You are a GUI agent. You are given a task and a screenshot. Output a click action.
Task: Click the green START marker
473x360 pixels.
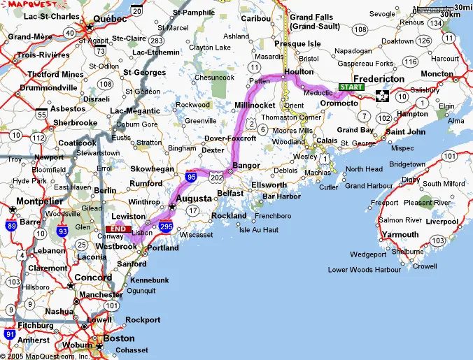point(351,87)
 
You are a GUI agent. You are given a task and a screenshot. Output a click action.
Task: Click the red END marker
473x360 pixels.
point(118,229)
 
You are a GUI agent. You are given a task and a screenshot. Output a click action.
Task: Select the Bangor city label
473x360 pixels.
point(246,166)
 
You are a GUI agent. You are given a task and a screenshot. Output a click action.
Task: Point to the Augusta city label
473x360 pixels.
point(192,199)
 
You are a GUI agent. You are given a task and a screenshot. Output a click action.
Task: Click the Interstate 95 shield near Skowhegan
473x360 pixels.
point(191,178)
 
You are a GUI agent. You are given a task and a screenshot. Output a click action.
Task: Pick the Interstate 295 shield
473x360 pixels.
point(166,227)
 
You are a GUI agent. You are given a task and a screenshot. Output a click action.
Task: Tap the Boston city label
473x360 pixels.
point(118,338)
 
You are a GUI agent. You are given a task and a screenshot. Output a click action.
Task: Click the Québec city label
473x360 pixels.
point(109,19)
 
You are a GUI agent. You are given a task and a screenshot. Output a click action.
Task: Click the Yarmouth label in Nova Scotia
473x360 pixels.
point(400,234)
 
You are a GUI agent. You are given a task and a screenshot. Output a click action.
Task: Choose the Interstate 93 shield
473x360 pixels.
point(64,227)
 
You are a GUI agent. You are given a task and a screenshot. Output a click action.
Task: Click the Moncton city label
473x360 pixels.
point(437,74)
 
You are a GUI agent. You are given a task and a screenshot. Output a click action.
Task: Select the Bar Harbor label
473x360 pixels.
point(281,196)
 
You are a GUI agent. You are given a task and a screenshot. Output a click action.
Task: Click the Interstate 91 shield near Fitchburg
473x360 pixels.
point(8,334)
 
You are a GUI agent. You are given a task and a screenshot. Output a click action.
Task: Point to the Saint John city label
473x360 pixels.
point(405,131)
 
